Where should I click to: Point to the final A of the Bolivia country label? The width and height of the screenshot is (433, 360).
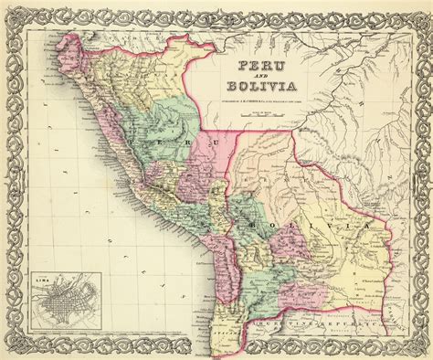368,225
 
